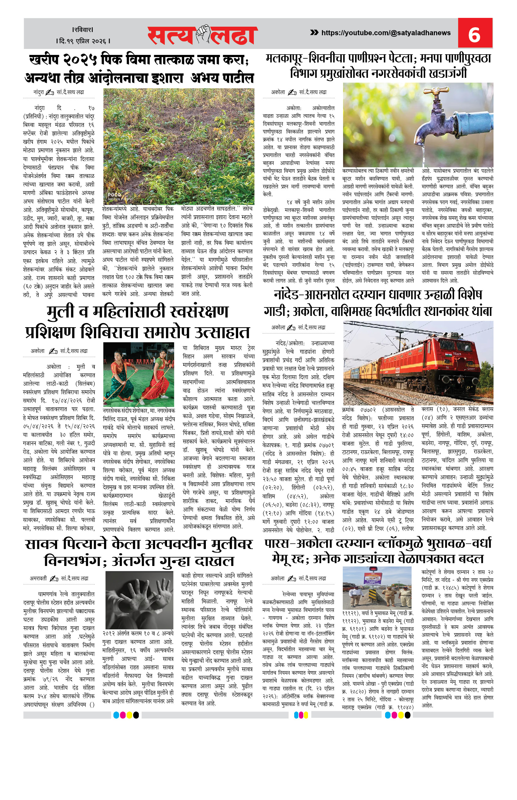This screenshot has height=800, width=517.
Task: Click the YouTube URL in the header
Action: [x=386, y=33]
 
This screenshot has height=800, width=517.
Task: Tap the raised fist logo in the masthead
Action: [x=203, y=34]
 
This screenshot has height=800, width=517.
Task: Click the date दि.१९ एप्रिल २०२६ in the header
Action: [x=83, y=41]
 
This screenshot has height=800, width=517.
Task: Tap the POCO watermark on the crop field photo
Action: [x=114, y=195]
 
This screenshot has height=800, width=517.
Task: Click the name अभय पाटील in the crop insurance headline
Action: [x=222, y=78]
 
